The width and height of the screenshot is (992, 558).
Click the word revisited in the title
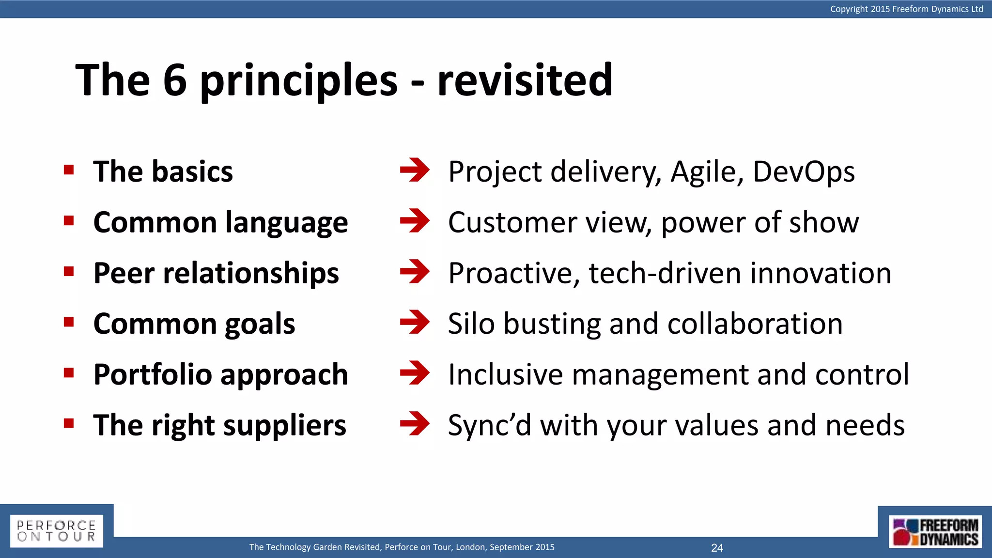[x=525, y=80]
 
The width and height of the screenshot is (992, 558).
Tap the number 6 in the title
[x=175, y=80]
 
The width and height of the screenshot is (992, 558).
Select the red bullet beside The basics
[x=69, y=170]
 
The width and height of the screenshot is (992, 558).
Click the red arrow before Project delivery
[x=415, y=170]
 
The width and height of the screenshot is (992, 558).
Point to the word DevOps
[x=804, y=172]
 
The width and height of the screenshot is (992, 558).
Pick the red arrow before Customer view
[x=415, y=221]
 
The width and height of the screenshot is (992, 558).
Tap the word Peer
[x=124, y=273]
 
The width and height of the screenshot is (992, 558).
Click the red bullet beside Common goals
[x=69, y=322]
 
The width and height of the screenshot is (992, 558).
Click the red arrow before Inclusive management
[x=415, y=373]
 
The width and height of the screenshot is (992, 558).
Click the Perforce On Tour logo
[x=56, y=531]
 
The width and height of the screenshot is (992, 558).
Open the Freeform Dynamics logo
[x=935, y=532]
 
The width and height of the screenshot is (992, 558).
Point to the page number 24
[x=717, y=548]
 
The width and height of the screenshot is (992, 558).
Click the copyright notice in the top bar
[x=906, y=9]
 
